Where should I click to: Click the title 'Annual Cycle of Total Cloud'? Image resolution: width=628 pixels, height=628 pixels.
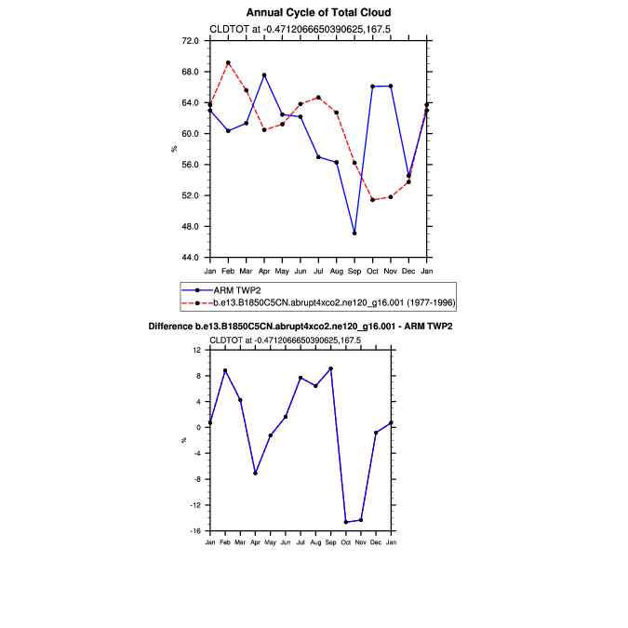(x=318, y=12)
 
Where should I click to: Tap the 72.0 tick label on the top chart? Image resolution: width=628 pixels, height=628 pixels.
(x=191, y=41)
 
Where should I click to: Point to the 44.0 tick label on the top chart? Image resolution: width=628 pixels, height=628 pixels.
(x=191, y=257)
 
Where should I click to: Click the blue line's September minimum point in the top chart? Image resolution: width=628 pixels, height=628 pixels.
(x=354, y=233)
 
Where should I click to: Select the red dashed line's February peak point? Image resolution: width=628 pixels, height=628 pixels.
(x=228, y=63)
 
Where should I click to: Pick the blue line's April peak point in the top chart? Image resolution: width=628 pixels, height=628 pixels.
(x=264, y=75)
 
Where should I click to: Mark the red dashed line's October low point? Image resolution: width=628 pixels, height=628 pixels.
(x=372, y=200)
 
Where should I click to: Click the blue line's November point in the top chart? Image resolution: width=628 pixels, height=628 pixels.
(x=391, y=86)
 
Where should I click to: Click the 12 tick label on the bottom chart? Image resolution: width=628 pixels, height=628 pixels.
(x=196, y=350)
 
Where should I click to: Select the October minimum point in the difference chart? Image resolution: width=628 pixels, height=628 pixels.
(x=346, y=522)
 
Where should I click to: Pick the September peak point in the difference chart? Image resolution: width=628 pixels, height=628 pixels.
(x=330, y=368)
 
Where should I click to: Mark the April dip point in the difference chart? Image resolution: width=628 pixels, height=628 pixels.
(x=255, y=473)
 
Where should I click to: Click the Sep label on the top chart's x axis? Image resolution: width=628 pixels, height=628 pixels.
(x=354, y=270)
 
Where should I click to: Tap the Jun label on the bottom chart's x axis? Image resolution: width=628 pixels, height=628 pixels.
(x=285, y=541)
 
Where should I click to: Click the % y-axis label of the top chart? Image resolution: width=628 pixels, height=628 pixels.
(x=174, y=149)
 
